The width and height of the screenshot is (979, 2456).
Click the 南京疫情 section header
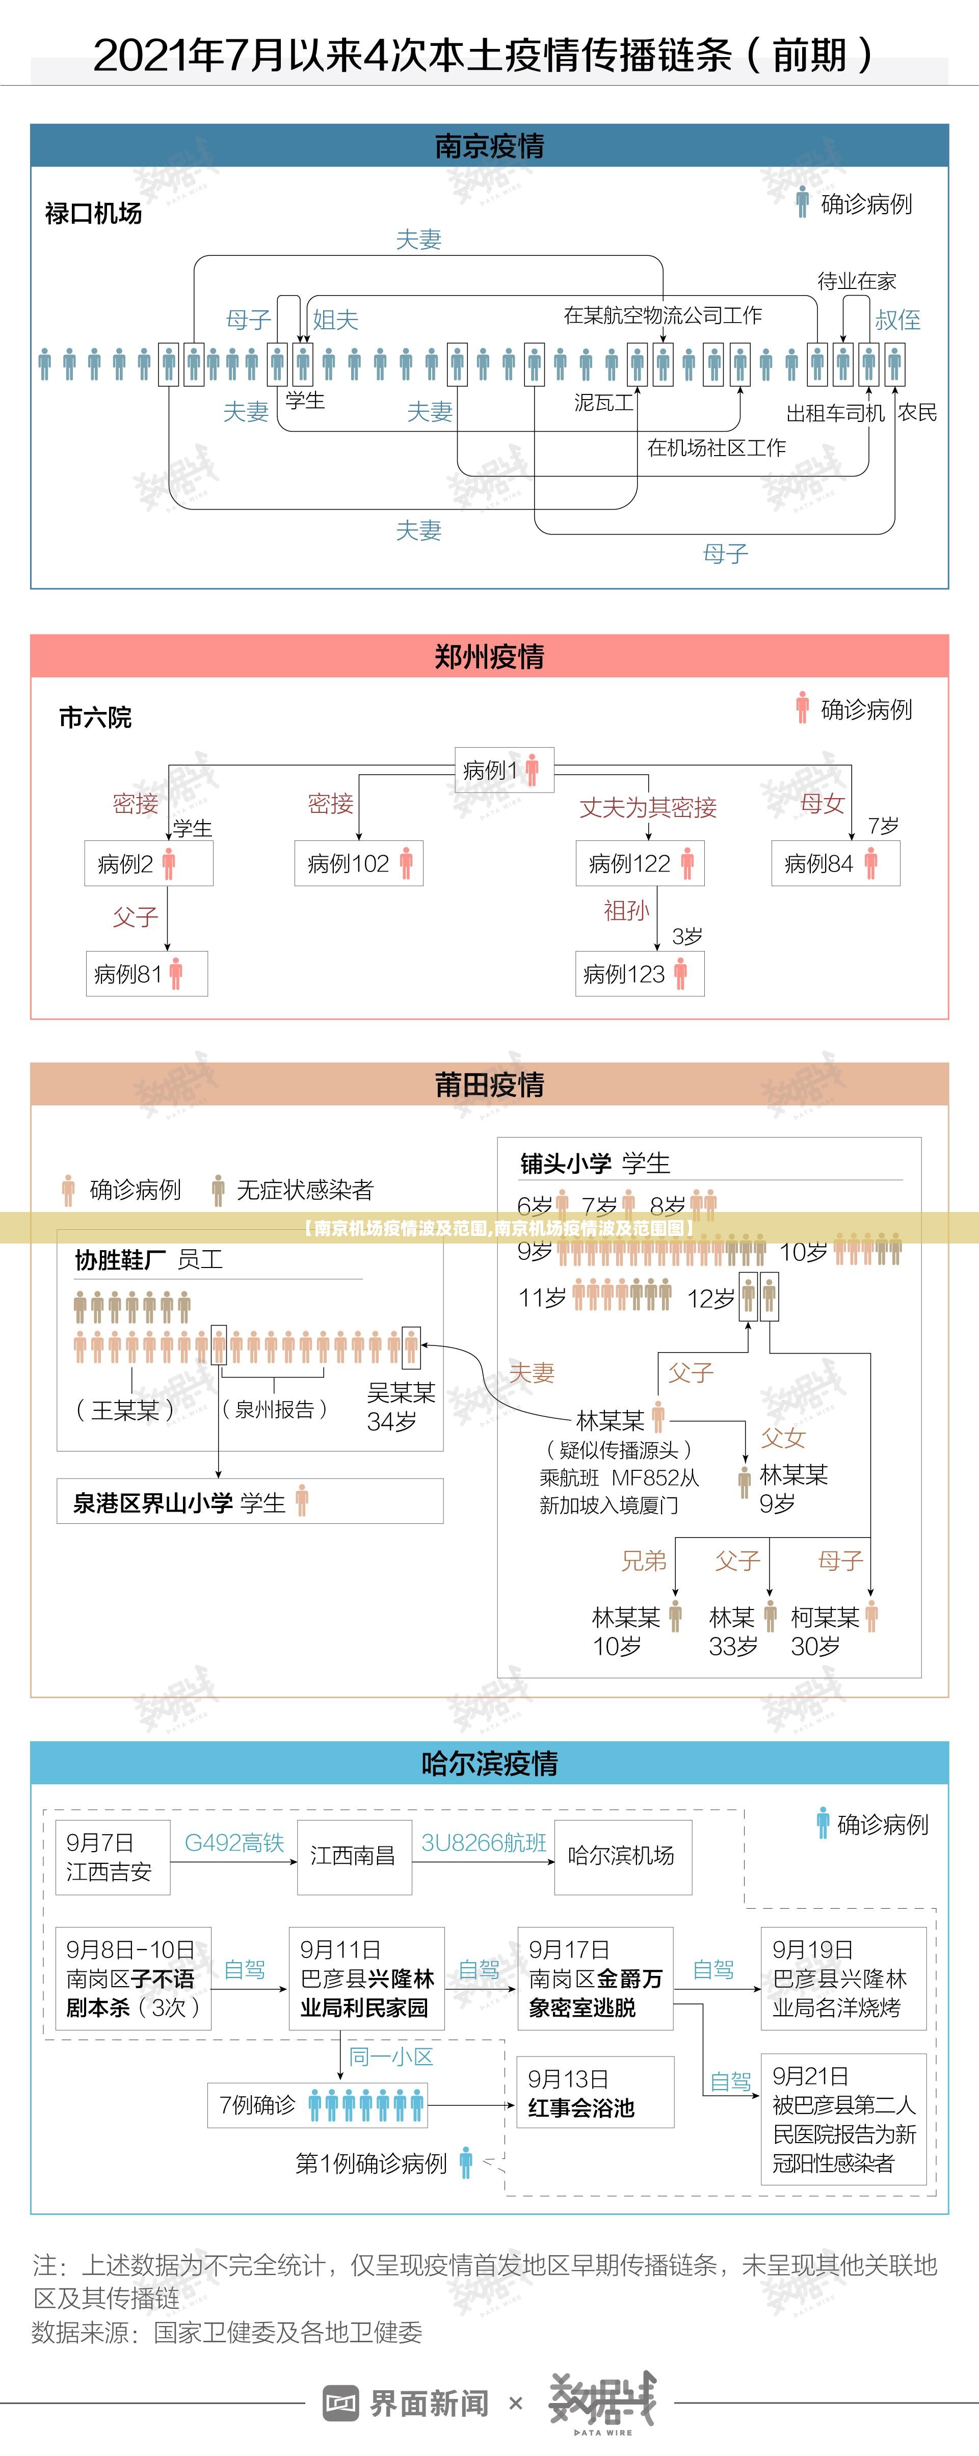489,146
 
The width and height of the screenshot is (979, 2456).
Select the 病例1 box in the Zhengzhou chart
502,770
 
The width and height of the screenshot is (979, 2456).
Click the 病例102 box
358,864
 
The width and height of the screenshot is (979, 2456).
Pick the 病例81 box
147,973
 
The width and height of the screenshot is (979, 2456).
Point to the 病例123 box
639,973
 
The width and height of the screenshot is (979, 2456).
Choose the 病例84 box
835,864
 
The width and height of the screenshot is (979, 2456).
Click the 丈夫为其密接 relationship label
648,808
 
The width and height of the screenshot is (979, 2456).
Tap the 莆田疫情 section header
489,1084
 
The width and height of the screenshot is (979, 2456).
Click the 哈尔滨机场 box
622,1855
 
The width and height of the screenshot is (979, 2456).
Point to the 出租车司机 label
835,413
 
